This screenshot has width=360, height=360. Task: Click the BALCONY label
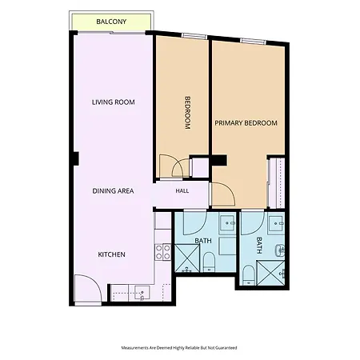[111, 22]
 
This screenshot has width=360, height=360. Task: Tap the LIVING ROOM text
[114, 102]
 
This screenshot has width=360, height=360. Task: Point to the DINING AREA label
[113, 191]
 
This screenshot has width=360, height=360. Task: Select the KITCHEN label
[111, 254]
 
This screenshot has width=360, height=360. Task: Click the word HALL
[182, 190]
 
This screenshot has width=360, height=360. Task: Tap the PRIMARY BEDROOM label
[246, 123]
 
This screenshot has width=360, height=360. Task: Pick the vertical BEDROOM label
[188, 113]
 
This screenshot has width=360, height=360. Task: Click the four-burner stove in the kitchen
[163, 252]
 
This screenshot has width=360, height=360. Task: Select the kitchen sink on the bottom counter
[142, 293]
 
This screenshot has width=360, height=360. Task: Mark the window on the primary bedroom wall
[253, 41]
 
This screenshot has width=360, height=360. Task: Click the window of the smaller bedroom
[194, 36]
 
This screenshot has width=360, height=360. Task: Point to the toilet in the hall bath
[209, 262]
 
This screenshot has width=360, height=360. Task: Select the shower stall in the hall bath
[187, 258]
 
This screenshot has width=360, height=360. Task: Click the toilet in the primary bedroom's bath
[249, 275]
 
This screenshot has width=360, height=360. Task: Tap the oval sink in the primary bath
[280, 250]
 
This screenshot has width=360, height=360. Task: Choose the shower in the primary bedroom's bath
[270, 273]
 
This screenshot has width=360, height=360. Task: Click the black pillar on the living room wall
[76, 158]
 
